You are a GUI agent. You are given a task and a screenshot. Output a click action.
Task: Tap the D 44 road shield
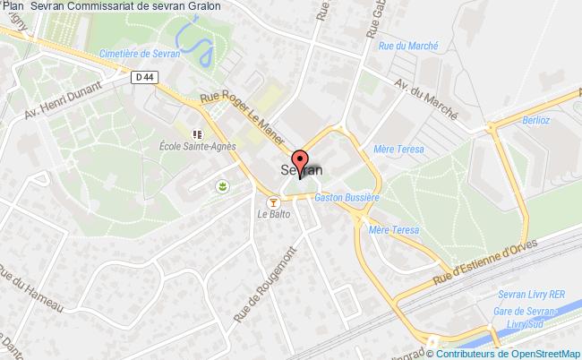141,78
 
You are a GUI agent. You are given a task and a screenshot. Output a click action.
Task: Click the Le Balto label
272,214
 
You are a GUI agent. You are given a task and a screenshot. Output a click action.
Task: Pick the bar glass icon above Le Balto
274,201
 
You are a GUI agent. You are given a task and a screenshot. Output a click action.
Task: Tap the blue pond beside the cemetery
194,37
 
